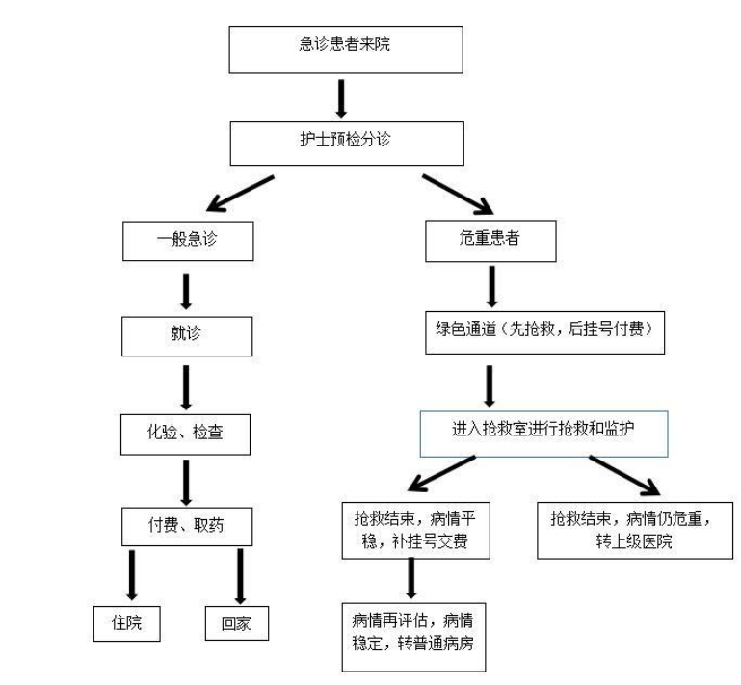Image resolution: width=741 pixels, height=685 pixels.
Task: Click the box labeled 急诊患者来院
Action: click(x=346, y=49)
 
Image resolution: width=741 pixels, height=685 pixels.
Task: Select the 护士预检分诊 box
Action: click(x=347, y=144)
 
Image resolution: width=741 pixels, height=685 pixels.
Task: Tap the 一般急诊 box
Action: click(x=188, y=241)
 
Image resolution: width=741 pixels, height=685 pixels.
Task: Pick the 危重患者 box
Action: click(x=490, y=241)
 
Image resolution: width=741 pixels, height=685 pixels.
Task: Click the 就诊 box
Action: click(x=187, y=336)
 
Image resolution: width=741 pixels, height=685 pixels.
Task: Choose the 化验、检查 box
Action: click(x=185, y=435)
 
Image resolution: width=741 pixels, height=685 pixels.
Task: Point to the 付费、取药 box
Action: click(x=187, y=527)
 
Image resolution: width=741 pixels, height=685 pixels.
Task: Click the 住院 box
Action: click(x=126, y=623)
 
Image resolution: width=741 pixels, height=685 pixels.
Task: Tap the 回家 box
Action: click(x=237, y=623)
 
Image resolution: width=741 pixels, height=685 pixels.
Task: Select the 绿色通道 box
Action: click(x=544, y=332)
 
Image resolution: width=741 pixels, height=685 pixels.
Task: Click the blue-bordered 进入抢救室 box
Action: click(x=543, y=434)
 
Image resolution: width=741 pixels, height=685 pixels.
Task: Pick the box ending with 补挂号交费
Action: click(x=415, y=531)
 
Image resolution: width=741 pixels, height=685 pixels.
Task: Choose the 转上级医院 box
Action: click(x=635, y=531)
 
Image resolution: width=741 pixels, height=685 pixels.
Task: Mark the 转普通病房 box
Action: click(x=413, y=637)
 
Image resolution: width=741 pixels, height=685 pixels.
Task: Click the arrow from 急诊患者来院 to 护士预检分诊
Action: click(x=341, y=98)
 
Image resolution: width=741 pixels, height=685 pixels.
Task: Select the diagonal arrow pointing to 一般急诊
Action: click(x=240, y=194)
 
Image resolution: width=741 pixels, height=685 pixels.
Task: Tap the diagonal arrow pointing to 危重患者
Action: click(x=458, y=195)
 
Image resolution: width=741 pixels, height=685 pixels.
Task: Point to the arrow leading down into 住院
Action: click(x=132, y=575)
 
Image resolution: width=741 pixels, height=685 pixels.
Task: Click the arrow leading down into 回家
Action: click(x=240, y=576)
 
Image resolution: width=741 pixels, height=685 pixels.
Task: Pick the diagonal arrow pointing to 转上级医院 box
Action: click(x=624, y=476)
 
